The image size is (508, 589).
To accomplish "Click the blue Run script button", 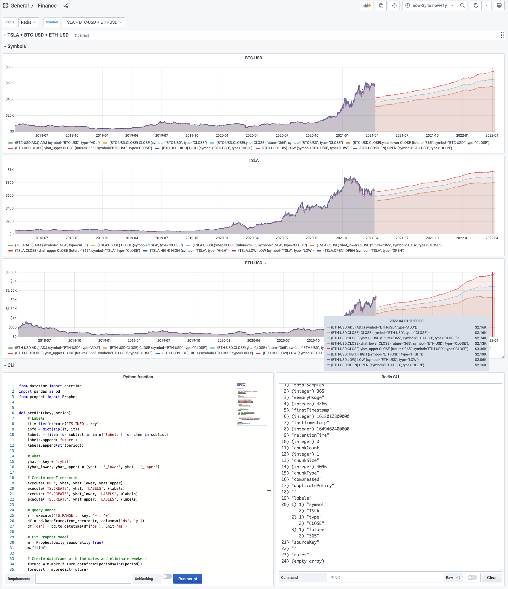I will click(188, 579).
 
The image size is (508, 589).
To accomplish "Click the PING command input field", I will click(385, 578).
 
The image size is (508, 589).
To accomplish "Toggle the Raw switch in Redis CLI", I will click(472, 578).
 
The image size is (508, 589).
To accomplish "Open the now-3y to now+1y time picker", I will click(429, 5).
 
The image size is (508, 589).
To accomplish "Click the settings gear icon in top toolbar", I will click(394, 5).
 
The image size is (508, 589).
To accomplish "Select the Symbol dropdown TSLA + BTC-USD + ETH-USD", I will click(93, 22).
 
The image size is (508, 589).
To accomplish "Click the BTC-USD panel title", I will click(254, 58).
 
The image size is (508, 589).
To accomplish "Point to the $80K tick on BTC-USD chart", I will click(10, 67).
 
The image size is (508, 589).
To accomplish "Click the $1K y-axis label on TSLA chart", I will click(10, 170).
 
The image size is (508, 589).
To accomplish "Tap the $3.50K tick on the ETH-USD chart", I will click(11, 272).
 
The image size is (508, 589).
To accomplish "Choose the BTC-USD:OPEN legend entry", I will click(405, 148).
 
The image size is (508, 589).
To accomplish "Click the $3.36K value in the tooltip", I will click(480, 349).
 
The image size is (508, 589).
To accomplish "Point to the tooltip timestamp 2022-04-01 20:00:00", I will click(406, 321).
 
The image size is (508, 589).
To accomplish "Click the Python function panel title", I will click(138, 377).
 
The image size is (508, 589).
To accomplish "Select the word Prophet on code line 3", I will click(70, 397).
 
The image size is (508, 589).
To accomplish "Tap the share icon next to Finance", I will click(66, 6).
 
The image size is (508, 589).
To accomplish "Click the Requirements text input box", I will click(83, 579).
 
